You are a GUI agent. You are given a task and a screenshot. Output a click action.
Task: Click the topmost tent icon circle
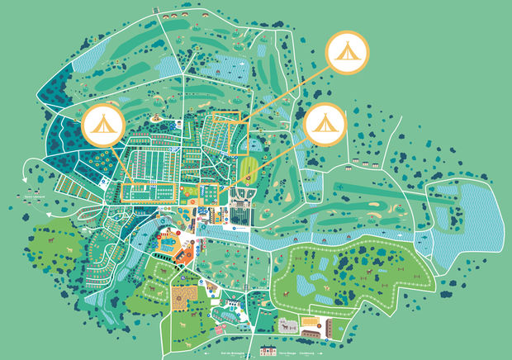(x=348, y=51)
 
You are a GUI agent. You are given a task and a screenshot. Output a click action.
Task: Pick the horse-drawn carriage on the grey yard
(x=288, y=325)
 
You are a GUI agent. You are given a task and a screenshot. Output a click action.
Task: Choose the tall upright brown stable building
(x=328, y=327)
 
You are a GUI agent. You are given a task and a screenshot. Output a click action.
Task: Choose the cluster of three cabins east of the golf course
(x=363, y=160)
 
